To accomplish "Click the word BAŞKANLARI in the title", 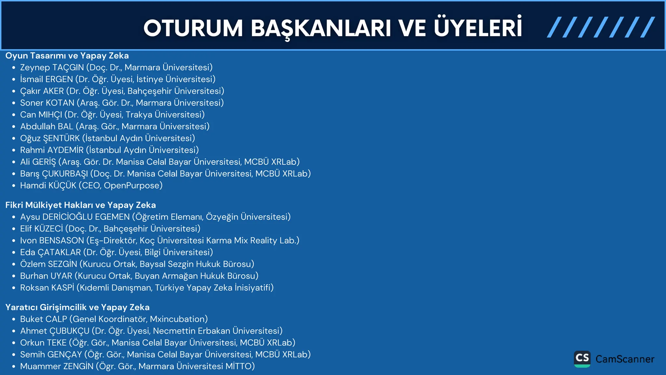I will (321, 29).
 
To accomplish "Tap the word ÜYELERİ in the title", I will (478, 28).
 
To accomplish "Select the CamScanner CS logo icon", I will (582, 359).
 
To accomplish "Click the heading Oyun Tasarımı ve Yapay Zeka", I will (67, 56).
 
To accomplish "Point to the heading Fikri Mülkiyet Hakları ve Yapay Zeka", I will (81, 205).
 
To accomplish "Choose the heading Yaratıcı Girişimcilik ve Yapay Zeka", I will (77, 307).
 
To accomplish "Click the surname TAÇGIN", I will (68, 67).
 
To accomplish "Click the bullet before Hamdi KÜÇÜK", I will (14, 186).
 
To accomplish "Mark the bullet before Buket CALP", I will (14, 319).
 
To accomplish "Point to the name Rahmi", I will (33, 150).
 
